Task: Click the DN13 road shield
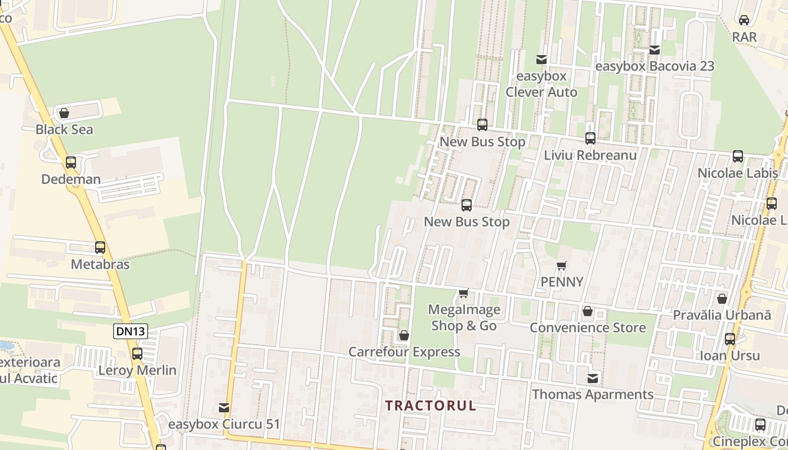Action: [x=131, y=331]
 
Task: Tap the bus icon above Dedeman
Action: [x=71, y=163]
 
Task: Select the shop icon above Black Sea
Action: [x=64, y=113]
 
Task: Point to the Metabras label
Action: [x=100, y=264]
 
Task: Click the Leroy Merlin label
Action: [x=137, y=371]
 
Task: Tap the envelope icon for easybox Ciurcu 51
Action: [x=224, y=407]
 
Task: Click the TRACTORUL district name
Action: [x=431, y=406]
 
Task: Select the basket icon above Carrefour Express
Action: [x=404, y=336]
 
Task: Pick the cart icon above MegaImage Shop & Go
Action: [x=464, y=293]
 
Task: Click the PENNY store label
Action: [x=562, y=282]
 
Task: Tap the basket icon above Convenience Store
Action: [x=588, y=311]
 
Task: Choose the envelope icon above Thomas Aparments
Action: [x=593, y=378]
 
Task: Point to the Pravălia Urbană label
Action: [x=722, y=315]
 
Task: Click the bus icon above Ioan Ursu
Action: [x=730, y=339]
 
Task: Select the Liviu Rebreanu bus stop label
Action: [x=590, y=155]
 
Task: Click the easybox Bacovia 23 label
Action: [x=655, y=66]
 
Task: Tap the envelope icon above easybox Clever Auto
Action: [x=541, y=59]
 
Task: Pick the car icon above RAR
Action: [x=744, y=20]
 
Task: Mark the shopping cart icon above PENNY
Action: [x=561, y=265]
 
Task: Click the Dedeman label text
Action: [x=71, y=179]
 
